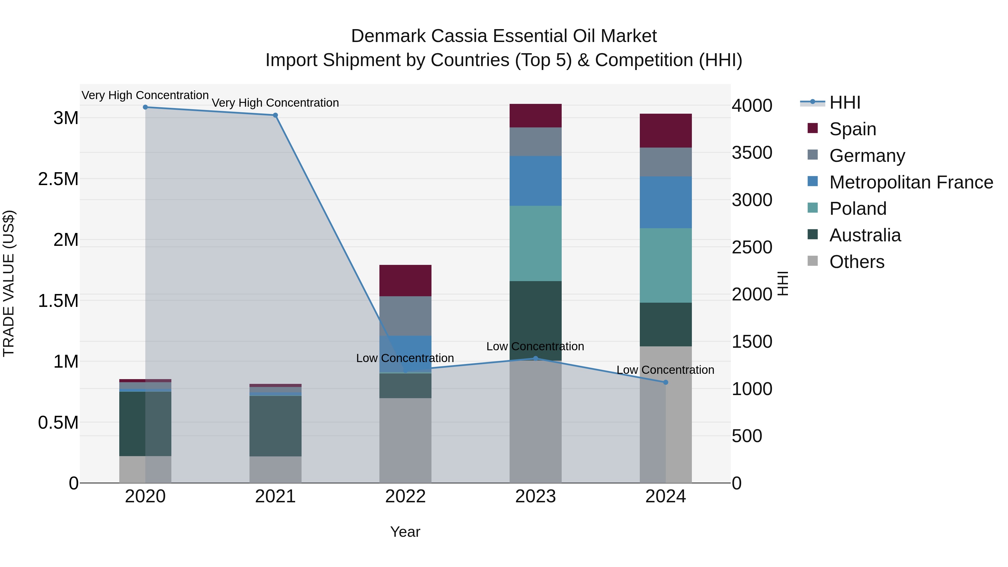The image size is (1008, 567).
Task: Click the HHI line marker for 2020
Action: point(145,107)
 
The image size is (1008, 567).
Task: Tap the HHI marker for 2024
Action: point(666,382)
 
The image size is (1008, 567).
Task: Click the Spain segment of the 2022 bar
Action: point(405,280)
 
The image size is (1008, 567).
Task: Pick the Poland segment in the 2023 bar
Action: point(535,243)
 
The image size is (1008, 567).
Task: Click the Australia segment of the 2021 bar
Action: point(276,426)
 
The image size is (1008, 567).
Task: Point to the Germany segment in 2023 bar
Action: point(535,141)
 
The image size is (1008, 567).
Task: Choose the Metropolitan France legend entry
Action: point(911,182)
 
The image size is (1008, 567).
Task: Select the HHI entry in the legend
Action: point(844,102)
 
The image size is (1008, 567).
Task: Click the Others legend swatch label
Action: point(856,262)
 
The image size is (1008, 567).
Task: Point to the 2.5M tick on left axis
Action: point(58,179)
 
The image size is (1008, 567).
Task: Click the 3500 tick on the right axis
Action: point(752,153)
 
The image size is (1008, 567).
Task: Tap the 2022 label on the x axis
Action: point(405,496)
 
